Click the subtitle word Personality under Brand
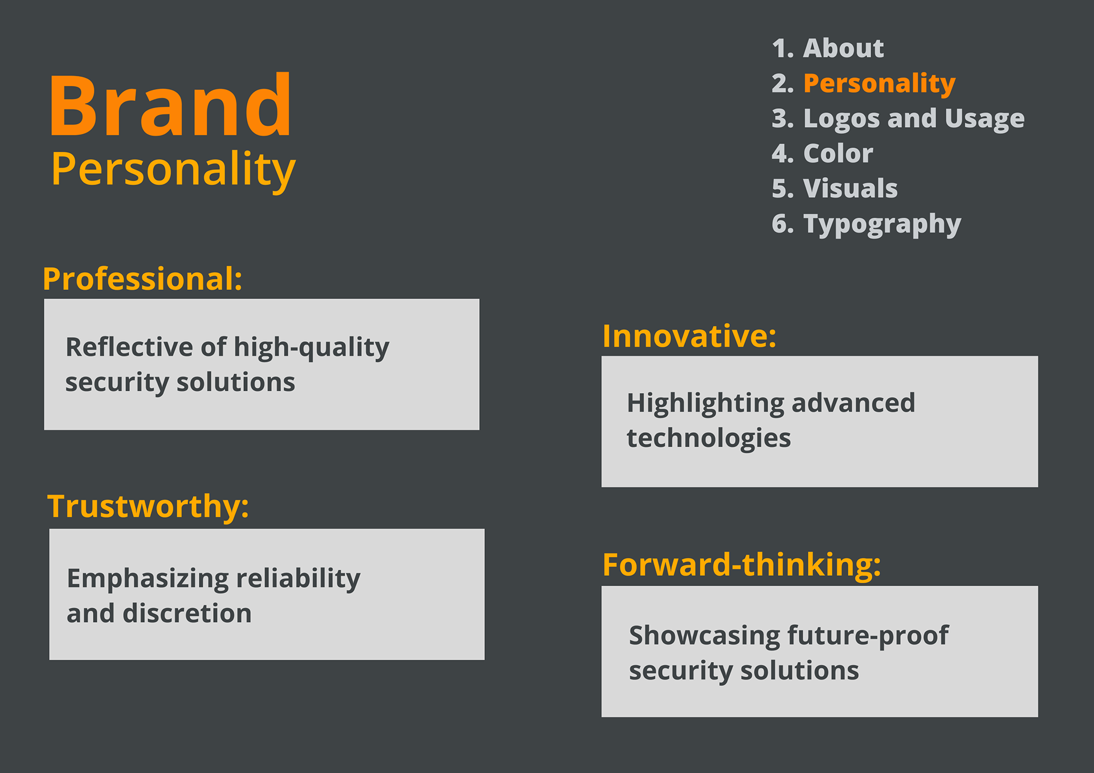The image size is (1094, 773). point(173,169)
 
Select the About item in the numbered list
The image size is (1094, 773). point(828,48)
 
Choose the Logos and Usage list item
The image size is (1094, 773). point(899,119)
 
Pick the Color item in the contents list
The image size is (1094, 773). point(822,153)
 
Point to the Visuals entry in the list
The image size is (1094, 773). point(835,189)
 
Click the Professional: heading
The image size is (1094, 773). point(143,279)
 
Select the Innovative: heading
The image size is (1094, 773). point(689,336)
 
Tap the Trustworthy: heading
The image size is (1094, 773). point(148,506)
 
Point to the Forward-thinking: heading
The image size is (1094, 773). point(742,565)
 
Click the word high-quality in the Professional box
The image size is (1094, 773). point(312,347)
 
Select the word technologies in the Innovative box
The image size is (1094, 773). point(709,439)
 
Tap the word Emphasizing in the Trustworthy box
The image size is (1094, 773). point(148,579)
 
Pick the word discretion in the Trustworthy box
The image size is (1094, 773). point(187,614)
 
